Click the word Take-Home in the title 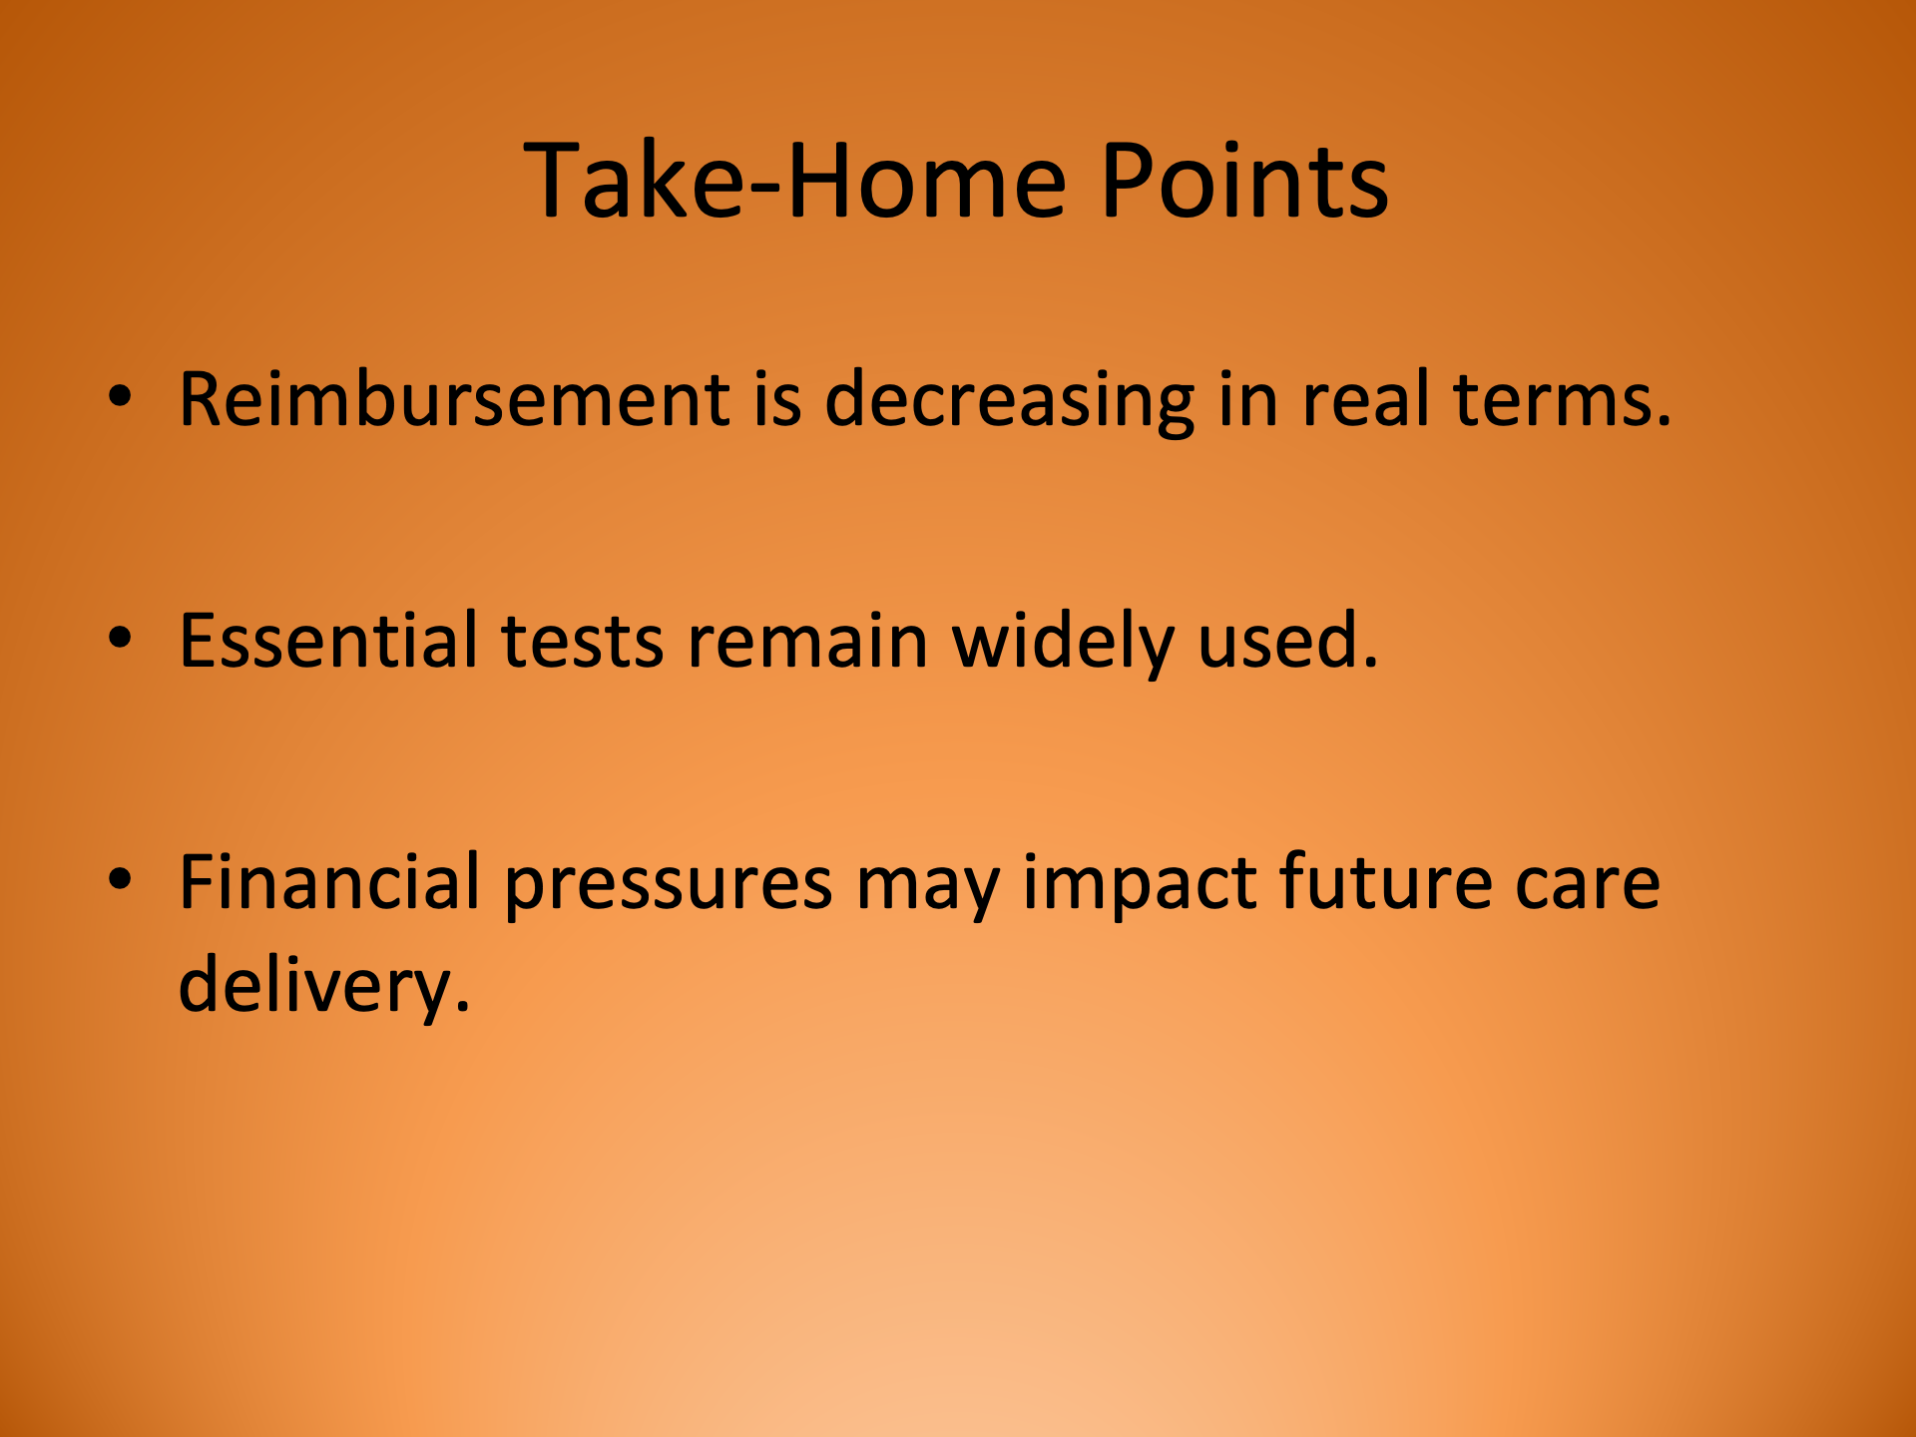(794, 182)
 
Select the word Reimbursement (454, 400)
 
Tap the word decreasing (1009, 400)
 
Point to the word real (1365, 400)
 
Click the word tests (582, 641)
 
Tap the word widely (1063, 641)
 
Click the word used (1287, 641)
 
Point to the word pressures (668, 883)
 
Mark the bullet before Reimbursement (120, 397)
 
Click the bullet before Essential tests (120, 639)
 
